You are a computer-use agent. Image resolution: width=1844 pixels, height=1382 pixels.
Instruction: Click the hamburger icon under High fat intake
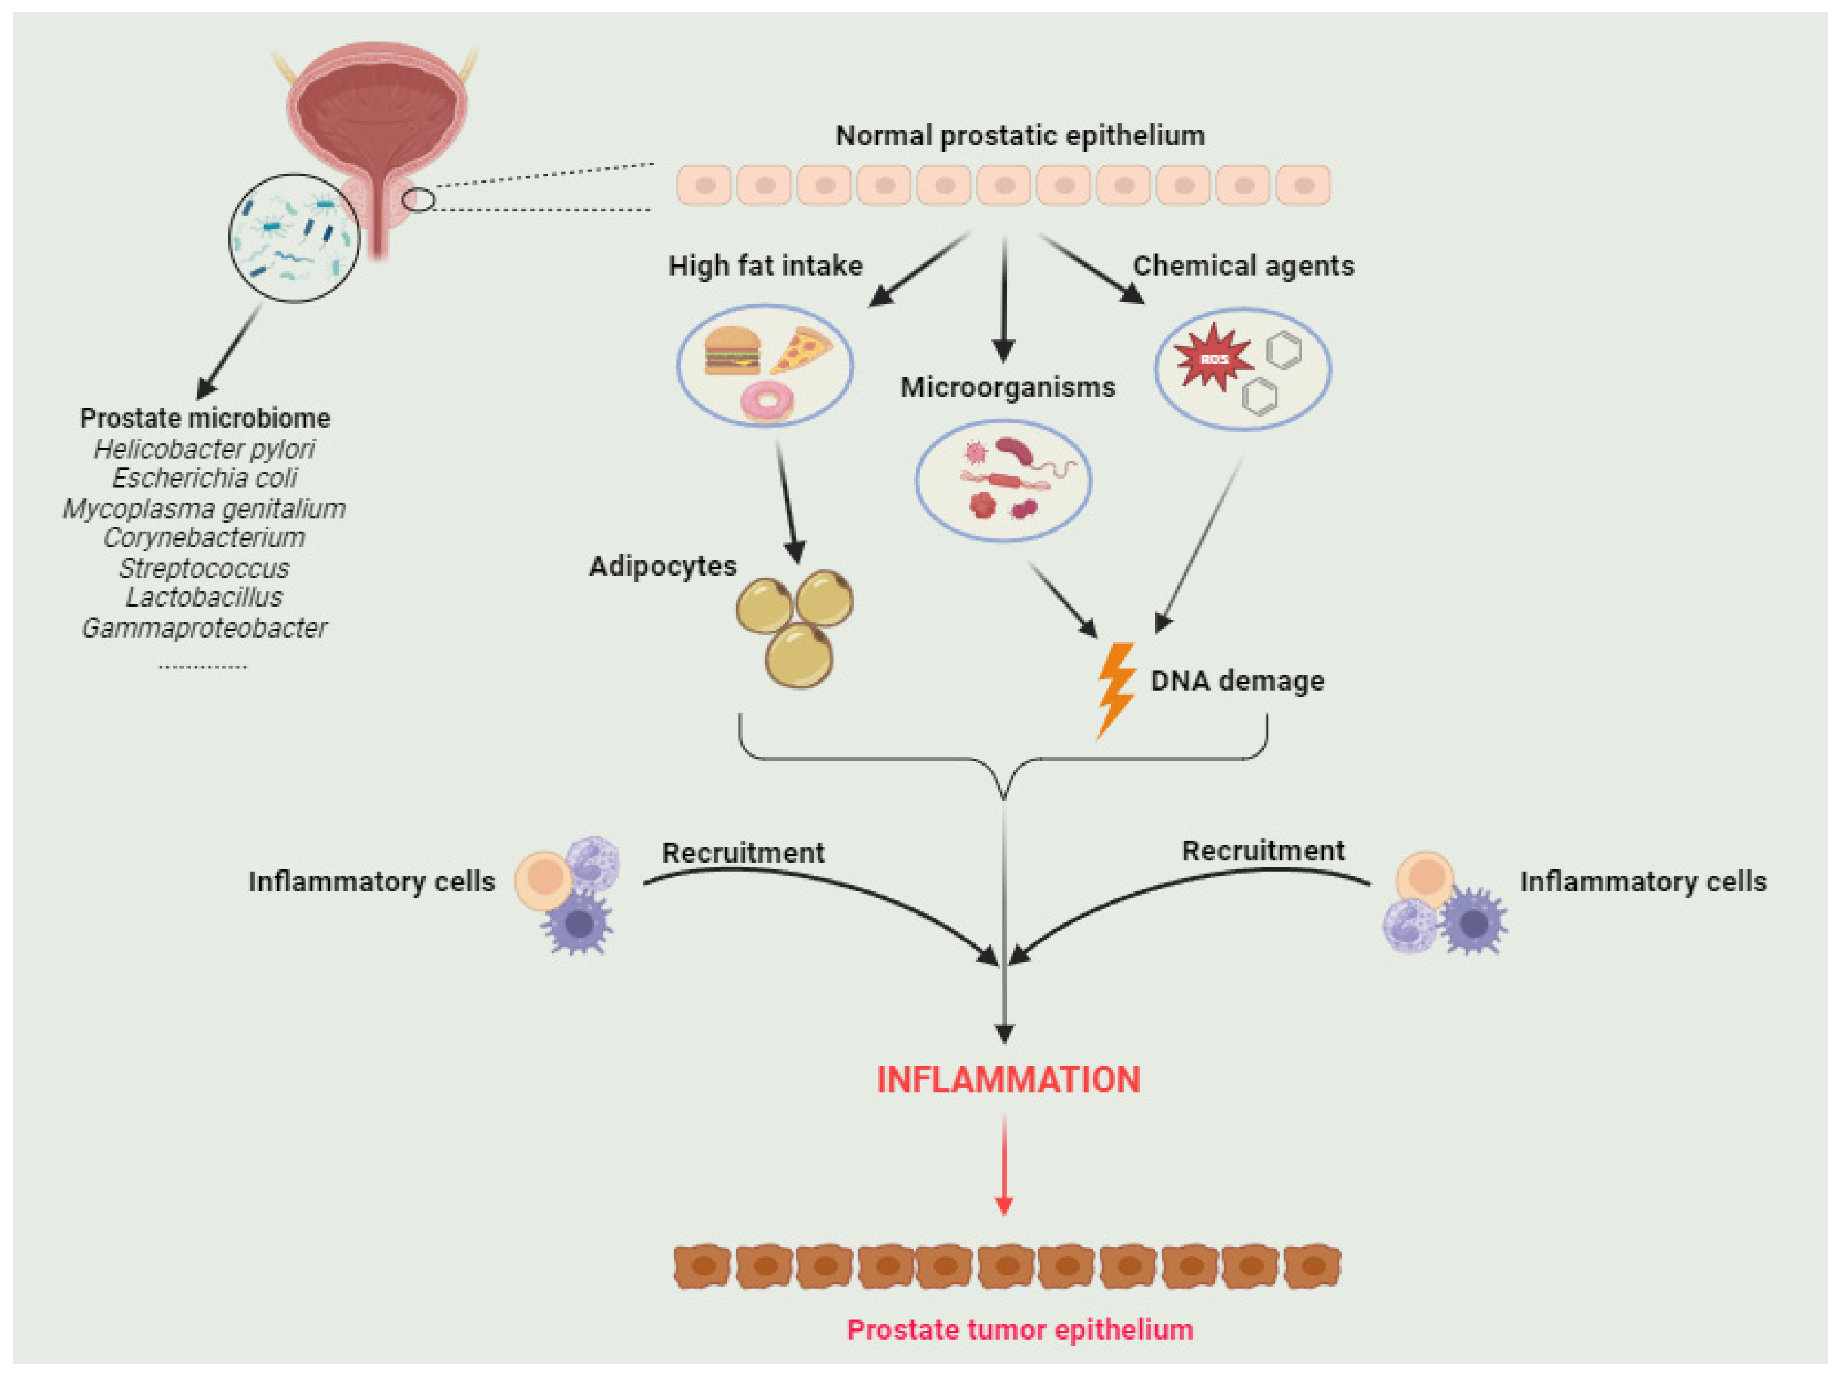(x=731, y=351)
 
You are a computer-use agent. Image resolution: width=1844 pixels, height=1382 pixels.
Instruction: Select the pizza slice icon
(x=800, y=348)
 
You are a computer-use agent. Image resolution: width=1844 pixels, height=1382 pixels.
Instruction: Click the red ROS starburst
(x=1214, y=357)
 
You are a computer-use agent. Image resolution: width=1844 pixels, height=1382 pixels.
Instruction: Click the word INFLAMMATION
(x=1008, y=1080)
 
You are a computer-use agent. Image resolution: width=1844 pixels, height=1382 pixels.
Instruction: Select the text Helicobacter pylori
(x=204, y=449)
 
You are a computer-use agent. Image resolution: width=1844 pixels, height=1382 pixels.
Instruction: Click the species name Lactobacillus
(x=204, y=598)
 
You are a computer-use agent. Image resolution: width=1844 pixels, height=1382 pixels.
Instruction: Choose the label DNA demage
(x=1237, y=681)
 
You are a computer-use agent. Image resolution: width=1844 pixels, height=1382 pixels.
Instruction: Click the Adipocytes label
(x=663, y=567)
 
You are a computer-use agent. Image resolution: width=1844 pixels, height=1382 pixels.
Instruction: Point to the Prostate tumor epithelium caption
(x=1020, y=1330)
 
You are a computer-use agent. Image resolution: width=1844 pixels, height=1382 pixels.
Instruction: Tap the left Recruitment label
(x=743, y=853)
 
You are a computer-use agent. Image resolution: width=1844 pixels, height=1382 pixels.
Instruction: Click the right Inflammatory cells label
(x=1642, y=881)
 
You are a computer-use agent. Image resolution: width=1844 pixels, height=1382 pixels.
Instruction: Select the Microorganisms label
(x=1007, y=387)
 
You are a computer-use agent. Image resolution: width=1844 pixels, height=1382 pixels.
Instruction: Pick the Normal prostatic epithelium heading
(x=1020, y=135)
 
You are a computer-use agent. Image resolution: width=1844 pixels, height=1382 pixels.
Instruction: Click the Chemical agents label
(x=1243, y=266)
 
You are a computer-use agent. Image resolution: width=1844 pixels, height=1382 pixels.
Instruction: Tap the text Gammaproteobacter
(x=204, y=628)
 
